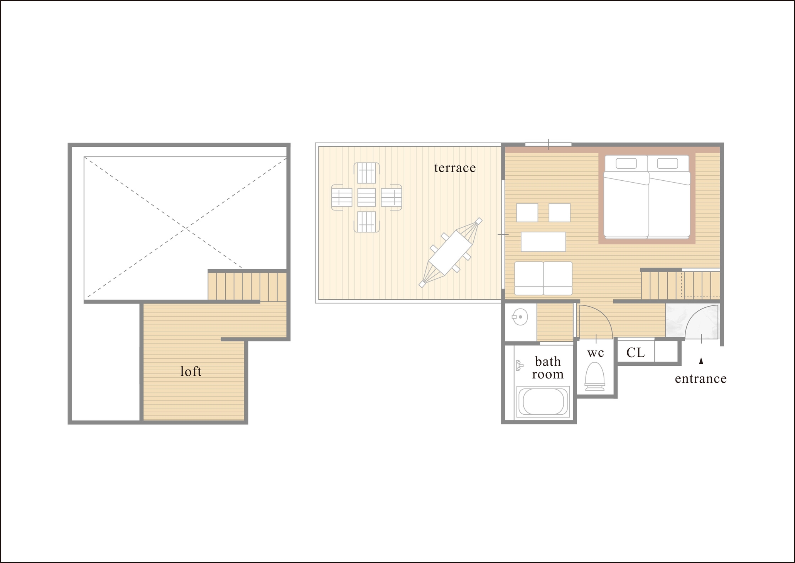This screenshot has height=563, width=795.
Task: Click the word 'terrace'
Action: (x=455, y=168)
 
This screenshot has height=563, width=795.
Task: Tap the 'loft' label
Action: (x=191, y=371)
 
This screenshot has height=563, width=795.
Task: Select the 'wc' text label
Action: (x=596, y=353)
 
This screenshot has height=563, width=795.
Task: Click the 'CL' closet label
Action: (x=635, y=352)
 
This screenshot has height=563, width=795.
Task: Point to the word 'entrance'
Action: (x=700, y=379)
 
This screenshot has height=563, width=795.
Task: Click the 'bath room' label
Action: (x=548, y=368)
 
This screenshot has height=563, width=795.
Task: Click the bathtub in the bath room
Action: (x=543, y=402)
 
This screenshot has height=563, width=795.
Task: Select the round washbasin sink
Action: (x=521, y=317)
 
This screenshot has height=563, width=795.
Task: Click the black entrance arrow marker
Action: (x=701, y=361)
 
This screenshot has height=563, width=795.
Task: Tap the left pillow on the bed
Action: (x=626, y=163)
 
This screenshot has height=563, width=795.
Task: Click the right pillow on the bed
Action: (x=667, y=163)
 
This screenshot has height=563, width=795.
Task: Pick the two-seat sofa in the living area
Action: (x=543, y=278)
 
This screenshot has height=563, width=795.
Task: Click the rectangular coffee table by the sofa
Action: (x=543, y=242)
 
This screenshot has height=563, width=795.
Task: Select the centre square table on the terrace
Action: (x=366, y=197)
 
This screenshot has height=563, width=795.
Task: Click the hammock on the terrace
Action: (x=451, y=253)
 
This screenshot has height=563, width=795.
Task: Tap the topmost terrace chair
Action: (x=366, y=173)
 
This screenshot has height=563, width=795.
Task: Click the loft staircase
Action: (x=247, y=286)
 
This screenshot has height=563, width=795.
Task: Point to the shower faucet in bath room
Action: (x=519, y=365)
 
